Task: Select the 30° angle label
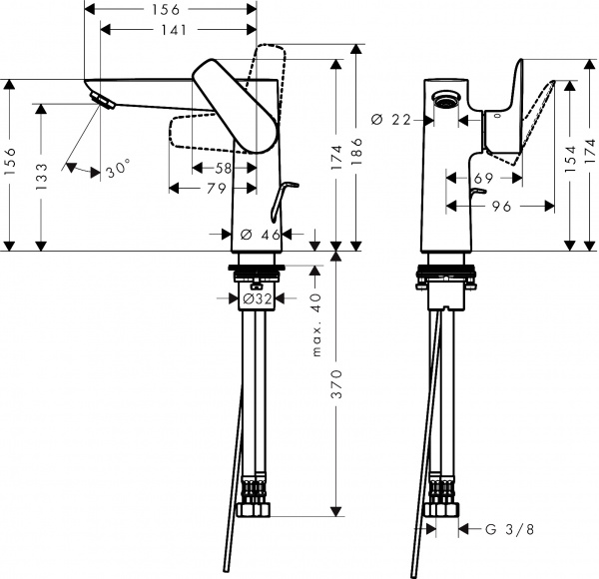118,170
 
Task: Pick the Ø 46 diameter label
260,235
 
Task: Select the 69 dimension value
484,179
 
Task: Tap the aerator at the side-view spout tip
100,99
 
